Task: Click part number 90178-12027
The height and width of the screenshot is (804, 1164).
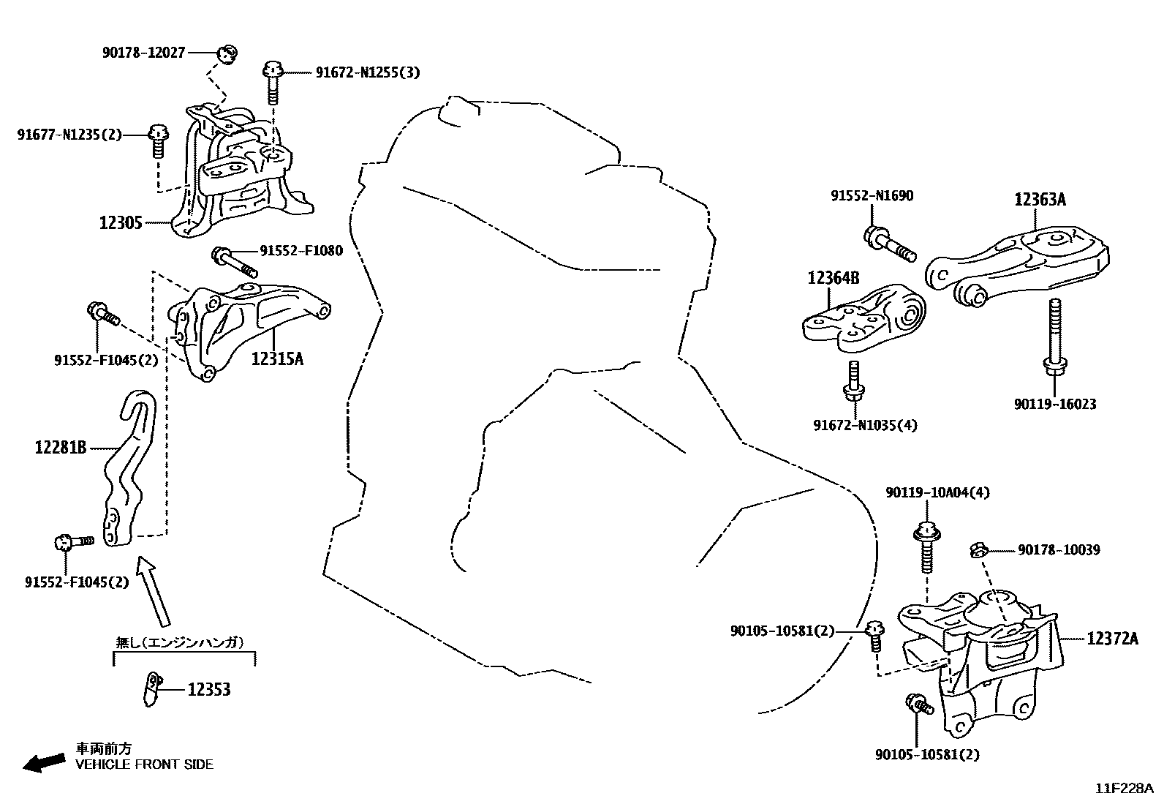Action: pyautogui.click(x=143, y=53)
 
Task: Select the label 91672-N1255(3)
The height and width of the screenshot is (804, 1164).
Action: pyautogui.click(x=368, y=72)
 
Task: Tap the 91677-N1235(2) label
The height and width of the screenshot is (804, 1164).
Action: pyautogui.click(x=69, y=135)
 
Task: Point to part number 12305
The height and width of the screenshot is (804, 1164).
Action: pyautogui.click(x=121, y=222)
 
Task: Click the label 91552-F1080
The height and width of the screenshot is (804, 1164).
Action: pyautogui.click(x=300, y=251)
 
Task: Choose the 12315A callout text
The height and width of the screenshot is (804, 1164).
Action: pyautogui.click(x=277, y=358)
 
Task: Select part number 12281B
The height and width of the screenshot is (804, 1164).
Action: pyautogui.click(x=61, y=446)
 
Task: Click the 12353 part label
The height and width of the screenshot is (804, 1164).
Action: pyautogui.click(x=208, y=689)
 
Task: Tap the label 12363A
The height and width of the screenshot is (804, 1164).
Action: pyautogui.click(x=1039, y=199)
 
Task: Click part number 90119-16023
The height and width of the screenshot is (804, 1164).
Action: pyautogui.click(x=1054, y=404)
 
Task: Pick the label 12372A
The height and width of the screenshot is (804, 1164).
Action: pyautogui.click(x=1112, y=639)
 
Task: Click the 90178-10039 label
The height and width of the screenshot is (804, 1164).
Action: pyautogui.click(x=1059, y=549)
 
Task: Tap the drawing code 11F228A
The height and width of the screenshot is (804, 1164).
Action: pyautogui.click(x=1124, y=789)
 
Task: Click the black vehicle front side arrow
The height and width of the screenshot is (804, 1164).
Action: pyautogui.click(x=43, y=762)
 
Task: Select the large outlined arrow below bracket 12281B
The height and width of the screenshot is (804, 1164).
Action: pyautogui.click(x=155, y=588)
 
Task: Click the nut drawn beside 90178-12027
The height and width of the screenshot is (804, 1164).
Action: pyautogui.click(x=227, y=53)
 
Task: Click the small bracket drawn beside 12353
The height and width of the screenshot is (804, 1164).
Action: pyautogui.click(x=151, y=689)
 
